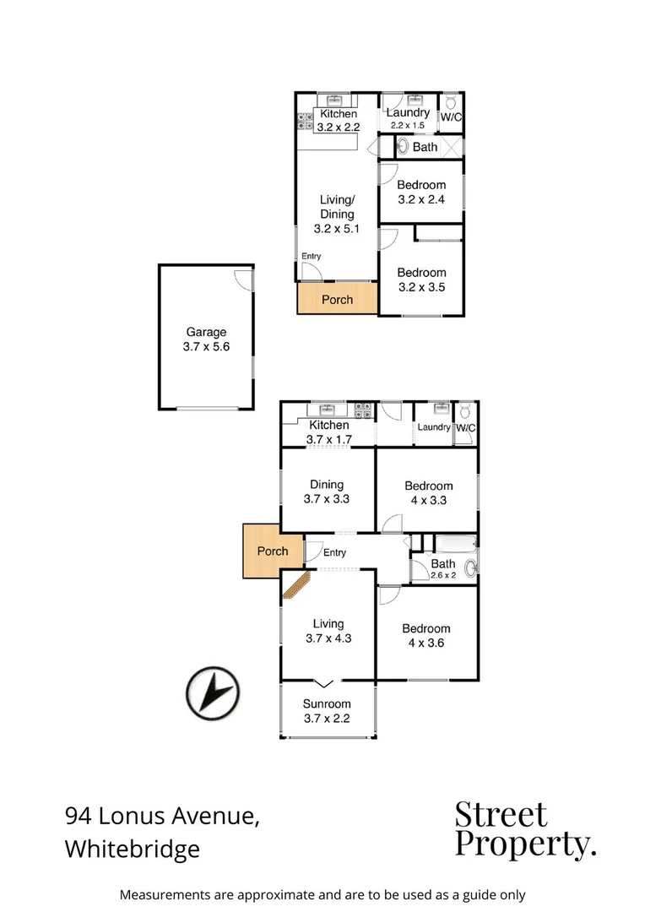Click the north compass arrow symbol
point(213,693)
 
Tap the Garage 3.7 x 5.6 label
point(206,339)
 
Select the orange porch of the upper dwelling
point(337,299)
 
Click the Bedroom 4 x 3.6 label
point(426,635)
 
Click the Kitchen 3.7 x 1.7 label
point(328,432)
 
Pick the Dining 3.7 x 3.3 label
point(327,491)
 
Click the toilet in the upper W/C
point(451,101)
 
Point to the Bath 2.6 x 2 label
point(443,568)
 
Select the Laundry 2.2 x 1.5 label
point(409,118)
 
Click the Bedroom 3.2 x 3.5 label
point(421,280)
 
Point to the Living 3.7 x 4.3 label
point(328,632)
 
